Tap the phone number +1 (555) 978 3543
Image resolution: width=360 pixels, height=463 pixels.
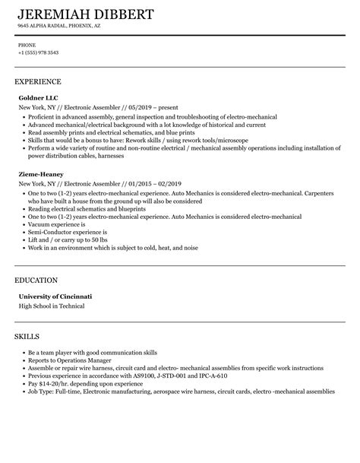tap(38, 52)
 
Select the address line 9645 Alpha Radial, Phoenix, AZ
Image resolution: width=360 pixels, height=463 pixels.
tap(59, 25)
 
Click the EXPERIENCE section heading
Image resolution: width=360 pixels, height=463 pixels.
tap(38, 81)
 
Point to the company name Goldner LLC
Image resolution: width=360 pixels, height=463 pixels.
tap(39, 97)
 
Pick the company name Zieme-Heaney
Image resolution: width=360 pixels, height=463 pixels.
tap(42, 173)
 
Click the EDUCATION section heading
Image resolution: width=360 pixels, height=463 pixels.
tap(37, 280)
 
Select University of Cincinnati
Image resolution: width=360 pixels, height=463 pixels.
tap(55, 296)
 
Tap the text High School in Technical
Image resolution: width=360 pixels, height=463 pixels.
tap(52, 306)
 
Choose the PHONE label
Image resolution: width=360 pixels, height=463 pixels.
tap(26, 45)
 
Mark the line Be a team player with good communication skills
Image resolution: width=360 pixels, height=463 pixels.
tap(93, 331)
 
